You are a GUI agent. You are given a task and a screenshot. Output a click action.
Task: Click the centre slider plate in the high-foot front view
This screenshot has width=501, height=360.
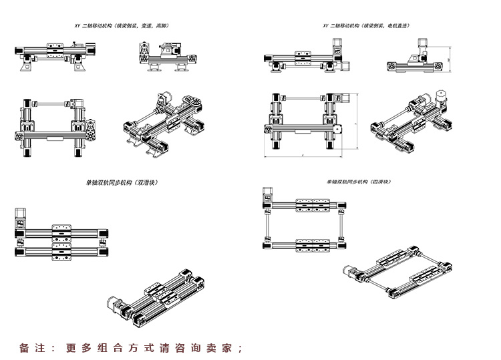(x=55, y=48)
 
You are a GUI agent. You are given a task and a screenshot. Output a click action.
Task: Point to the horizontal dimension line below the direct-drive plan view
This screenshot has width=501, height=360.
(x=303, y=156)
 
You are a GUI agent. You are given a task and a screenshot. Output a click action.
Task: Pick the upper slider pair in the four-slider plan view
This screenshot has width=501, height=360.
(x=313, y=205)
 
